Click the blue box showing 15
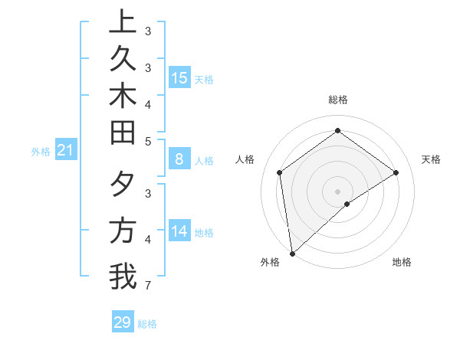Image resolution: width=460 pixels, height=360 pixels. point(179,77)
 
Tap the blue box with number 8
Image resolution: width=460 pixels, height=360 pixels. point(179,159)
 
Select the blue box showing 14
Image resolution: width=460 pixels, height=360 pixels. point(179,231)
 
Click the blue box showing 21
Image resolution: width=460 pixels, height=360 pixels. point(66,151)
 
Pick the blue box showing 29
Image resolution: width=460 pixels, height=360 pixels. point(123,322)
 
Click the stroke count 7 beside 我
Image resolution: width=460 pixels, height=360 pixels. point(147,286)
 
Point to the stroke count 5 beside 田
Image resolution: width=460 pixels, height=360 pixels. point(147,141)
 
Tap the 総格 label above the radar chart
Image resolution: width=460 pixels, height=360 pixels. point(337,100)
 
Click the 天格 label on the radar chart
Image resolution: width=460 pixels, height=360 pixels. point(431,159)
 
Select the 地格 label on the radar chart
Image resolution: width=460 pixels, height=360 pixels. point(402,262)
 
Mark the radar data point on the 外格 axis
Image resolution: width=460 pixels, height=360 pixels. point(292,253)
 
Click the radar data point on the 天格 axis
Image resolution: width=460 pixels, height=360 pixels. point(396,172)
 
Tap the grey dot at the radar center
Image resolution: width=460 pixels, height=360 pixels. point(337,191)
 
